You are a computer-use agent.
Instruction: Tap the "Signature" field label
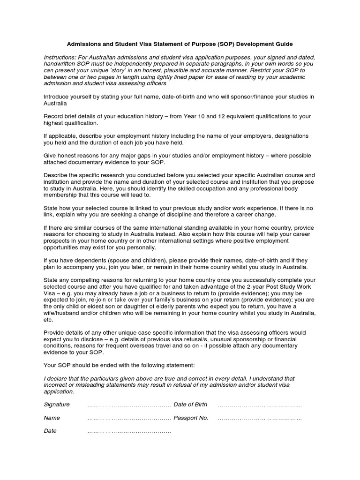(x=57, y=405)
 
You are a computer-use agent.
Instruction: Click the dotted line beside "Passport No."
(x=260, y=418)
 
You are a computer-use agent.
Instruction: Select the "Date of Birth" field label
(x=190, y=405)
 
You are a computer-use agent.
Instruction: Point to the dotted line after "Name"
(x=129, y=418)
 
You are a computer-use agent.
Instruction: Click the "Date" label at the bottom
(x=50, y=431)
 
